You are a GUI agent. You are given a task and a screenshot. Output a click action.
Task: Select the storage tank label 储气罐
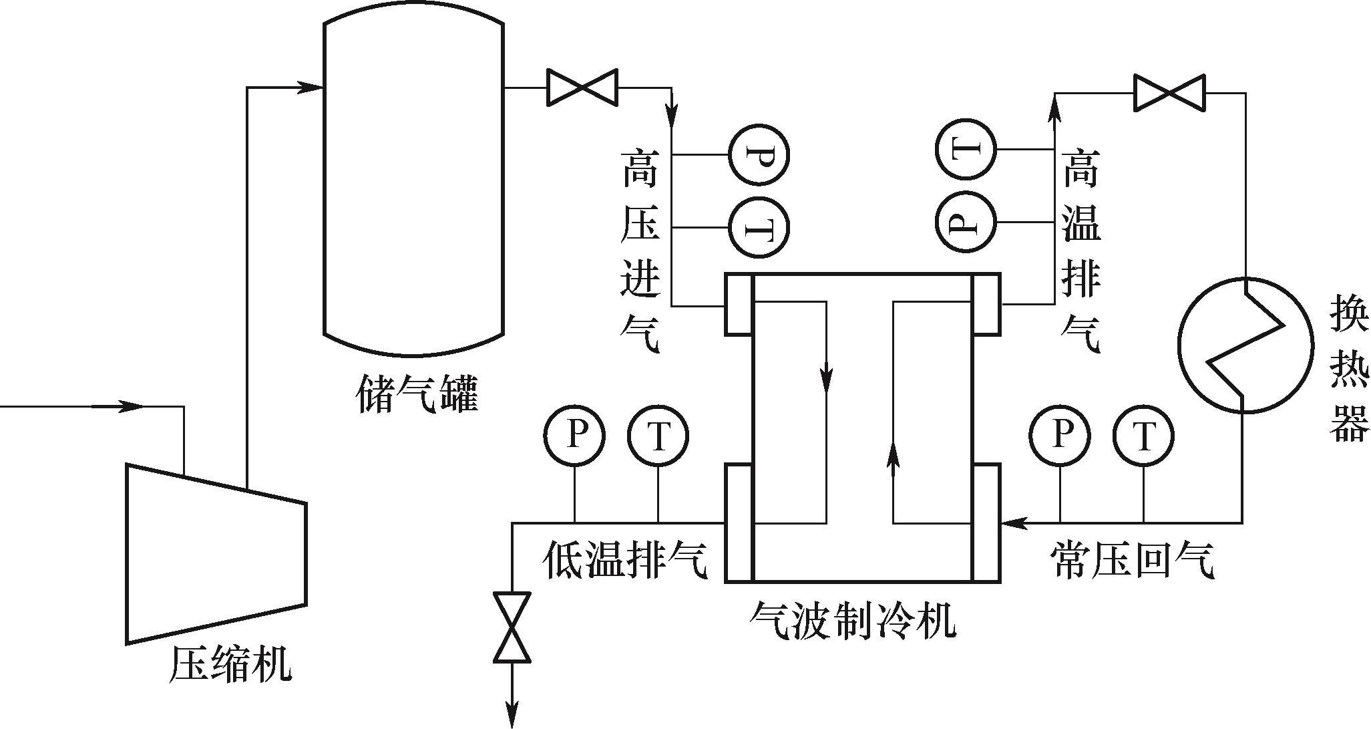point(418,394)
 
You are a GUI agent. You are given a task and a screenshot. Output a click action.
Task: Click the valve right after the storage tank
point(582,87)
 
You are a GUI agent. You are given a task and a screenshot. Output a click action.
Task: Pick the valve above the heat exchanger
point(1170,93)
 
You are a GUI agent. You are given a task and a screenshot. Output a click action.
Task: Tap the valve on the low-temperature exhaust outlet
point(512,627)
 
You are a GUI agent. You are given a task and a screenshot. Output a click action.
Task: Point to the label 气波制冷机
point(851,621)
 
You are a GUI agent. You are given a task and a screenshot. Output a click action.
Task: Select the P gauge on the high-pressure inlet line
point(759,155)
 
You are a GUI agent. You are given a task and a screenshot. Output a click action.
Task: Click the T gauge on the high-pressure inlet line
point(759,227)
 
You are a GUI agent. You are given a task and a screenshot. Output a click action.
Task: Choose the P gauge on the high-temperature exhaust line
point(966,221)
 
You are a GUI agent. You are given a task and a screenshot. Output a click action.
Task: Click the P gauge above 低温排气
point(574,436)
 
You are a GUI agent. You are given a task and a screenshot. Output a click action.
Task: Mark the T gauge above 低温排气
point(658,436)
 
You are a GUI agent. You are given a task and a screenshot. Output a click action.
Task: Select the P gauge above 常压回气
point(1060,436)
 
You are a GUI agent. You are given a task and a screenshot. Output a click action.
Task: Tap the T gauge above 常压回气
point(1143,436)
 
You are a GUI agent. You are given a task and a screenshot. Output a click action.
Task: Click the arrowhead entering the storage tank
point(310,87)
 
